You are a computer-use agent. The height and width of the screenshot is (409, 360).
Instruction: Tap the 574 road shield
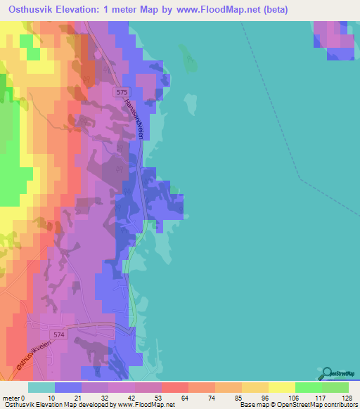click(58, 335)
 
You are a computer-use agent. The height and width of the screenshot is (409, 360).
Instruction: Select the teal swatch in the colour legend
click(41, 387)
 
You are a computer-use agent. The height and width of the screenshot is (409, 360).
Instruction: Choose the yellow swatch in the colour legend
click(281, 387)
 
